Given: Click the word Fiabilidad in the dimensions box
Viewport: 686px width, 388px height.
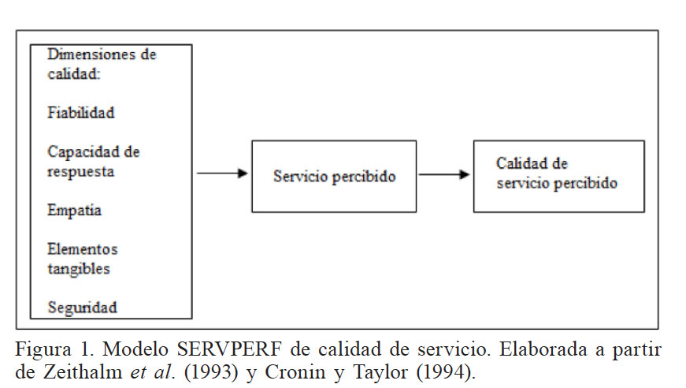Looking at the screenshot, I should click(x=81, y=113).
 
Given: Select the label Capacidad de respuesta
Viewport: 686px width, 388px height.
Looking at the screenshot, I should click(x=93, y=161).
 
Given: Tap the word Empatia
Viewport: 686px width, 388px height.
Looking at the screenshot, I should click(x=74, y=211).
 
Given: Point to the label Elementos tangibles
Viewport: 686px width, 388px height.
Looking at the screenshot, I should click(x=82, y=259).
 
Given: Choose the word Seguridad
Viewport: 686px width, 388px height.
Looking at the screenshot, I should click(x=81, y=307).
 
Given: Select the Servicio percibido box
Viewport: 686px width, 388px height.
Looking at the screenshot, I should click(x=334, y=177).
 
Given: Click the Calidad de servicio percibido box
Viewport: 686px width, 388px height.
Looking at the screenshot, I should click(x=558, y=176).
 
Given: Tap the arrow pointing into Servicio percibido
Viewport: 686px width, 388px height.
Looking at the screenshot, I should click(x=222, y=173).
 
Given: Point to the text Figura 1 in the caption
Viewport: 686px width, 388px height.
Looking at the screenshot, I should click(x=53, y=349).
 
